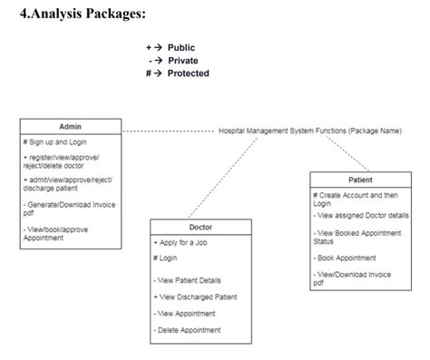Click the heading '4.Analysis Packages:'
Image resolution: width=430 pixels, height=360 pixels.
83,15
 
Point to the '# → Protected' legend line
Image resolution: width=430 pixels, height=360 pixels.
177,73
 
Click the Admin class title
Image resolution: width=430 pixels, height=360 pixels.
70,127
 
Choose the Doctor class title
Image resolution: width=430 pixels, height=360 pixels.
200,227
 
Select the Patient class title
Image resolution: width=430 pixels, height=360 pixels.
359,180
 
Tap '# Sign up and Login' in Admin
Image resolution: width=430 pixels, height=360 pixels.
55,143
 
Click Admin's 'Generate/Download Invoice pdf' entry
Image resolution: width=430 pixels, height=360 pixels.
65,209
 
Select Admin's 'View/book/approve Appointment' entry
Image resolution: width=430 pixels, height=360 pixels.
56,233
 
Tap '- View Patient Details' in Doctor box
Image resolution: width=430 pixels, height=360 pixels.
188,280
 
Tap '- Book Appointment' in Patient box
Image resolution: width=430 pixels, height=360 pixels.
350,258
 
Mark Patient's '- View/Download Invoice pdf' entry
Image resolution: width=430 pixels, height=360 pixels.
357,277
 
